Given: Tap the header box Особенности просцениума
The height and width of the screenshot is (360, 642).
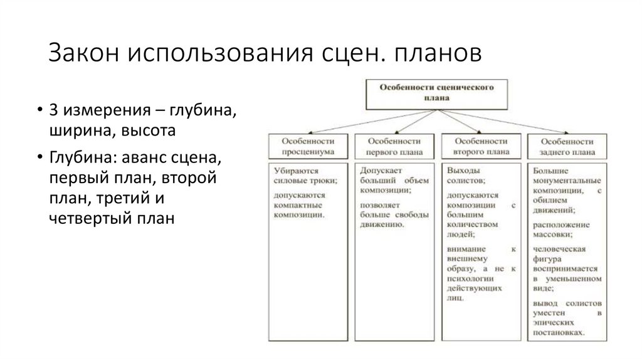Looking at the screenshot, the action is point(307,146).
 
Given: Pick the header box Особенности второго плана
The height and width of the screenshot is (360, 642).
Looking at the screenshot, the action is point(481,146).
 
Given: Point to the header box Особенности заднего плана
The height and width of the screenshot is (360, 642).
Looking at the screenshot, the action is point(567,146).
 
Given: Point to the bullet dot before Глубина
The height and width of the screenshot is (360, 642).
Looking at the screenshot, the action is point(39,157).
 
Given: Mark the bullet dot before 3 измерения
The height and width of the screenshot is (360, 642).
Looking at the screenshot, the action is point(39,112).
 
